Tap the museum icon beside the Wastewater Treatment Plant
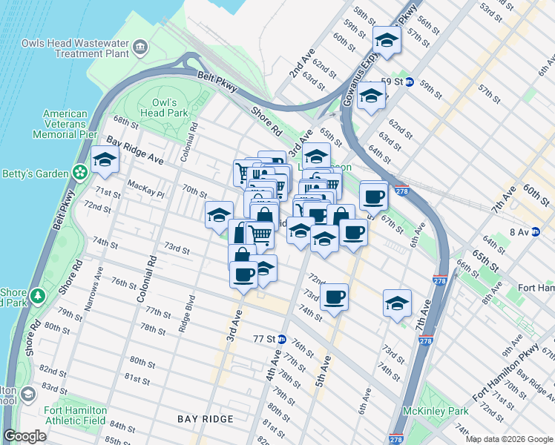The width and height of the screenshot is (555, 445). coord(140,49)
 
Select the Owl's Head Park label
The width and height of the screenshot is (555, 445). coord(164,108)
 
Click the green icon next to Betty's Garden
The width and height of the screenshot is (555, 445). coord(80,173)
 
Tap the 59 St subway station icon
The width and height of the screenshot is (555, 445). coord(409,82)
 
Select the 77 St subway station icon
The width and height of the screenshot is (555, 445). coord(281,339)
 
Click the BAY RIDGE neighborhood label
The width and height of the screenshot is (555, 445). coord(206,419)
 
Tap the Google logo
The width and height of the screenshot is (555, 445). coord(25,436)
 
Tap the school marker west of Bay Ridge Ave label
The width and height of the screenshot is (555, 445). coord(105,159)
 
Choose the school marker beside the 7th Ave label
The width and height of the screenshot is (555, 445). coord(397,303)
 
